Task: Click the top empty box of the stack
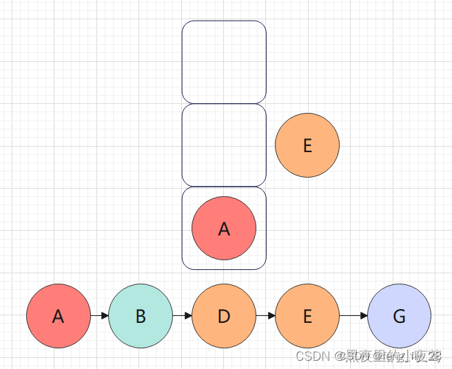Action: click(x=224, y=62)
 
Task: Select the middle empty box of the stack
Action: click(x=224, y=145)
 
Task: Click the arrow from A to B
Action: click(x=99, y=316)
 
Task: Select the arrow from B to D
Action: click(x=182, y=316)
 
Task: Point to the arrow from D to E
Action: click(x=265, y=316)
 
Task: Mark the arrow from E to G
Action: click(x=353, y=316)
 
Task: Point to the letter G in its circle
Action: click(x=399, y=317)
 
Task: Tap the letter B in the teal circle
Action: click(x=141, y=317)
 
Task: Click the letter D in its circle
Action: click(x=224, y=317)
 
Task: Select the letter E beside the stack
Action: click(x=307, y=146)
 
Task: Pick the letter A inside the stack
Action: click(x=224, y=229)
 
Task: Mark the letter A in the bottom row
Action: click(x=58, y=317)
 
